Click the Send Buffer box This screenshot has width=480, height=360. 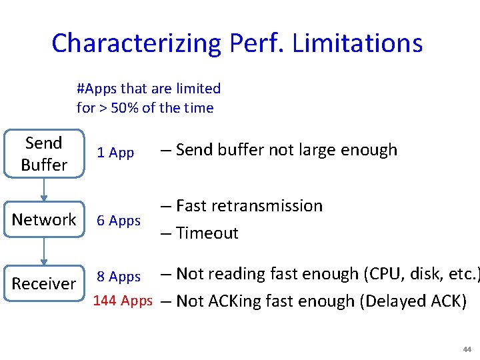click(x=44, y=154)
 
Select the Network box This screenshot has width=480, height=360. click(x=44, y=220)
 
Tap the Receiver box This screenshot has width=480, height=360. click(x=44, y=284)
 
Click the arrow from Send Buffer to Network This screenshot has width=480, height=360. click(x=44, y=189)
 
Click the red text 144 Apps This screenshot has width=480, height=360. click(x=123, y=301)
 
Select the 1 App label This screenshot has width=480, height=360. click(x=115, y=153)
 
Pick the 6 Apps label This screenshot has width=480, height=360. click(x=119, y=221)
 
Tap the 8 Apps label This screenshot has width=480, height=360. click(x=119, y=277)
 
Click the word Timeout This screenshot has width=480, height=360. click(x=207, y=233)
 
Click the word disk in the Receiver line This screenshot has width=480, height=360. click(x=417, y=274)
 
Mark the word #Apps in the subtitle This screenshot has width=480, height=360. click(x=98, y=89)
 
